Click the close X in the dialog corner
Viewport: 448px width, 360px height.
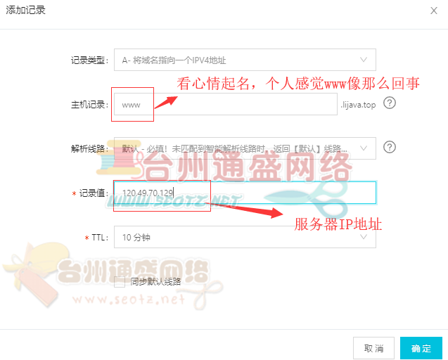pyautogui.click(x=433, y=10)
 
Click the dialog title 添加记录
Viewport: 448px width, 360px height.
pyautogui.click(x=26, y=10)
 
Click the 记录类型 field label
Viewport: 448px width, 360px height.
pyautogui.click(x=89, y=60)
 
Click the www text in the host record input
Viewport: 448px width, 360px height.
pyautogui.click(x=132, y=105)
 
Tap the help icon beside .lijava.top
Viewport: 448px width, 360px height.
pyautogui.click(x=390, y=103)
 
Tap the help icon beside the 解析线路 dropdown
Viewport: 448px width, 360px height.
pyautogui.click(x=390, y=147)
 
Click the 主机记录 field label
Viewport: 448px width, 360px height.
pyautogui.click(x=89, y=105)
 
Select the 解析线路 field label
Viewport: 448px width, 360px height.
pyautogui.click(x=89, y=148)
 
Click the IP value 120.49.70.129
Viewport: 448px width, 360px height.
pyautogui.click(x=148, y=193)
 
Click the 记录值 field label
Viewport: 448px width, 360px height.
pyautogui.click(x=92, y=193)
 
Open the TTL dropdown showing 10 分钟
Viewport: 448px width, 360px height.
pyautogui.click(x=244, y=237)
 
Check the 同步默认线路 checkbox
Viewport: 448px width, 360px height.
pyautogui.click(x=120, y=281)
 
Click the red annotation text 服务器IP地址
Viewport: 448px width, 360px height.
pyautogui.click(x=338, y=224)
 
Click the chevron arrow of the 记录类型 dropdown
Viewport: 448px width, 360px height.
pyautogui.click(x=364, y=60)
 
